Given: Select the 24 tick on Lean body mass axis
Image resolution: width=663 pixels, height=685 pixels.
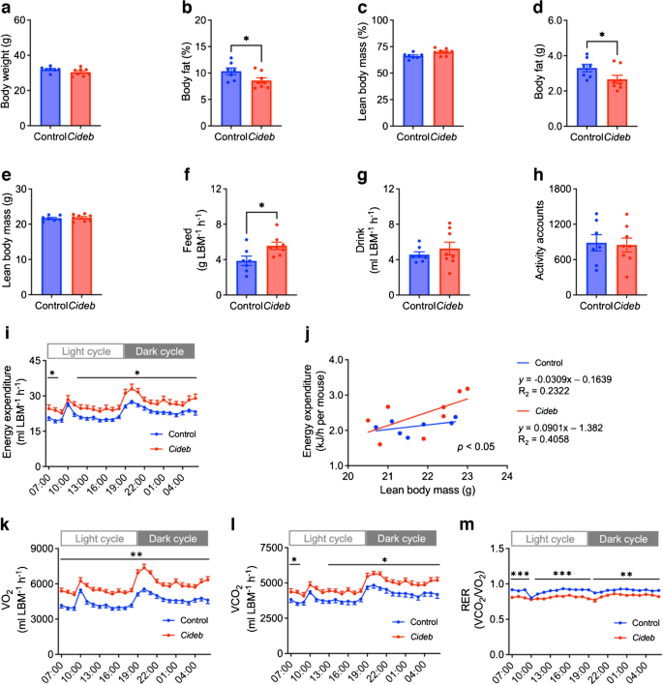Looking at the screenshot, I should pos(506,474).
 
